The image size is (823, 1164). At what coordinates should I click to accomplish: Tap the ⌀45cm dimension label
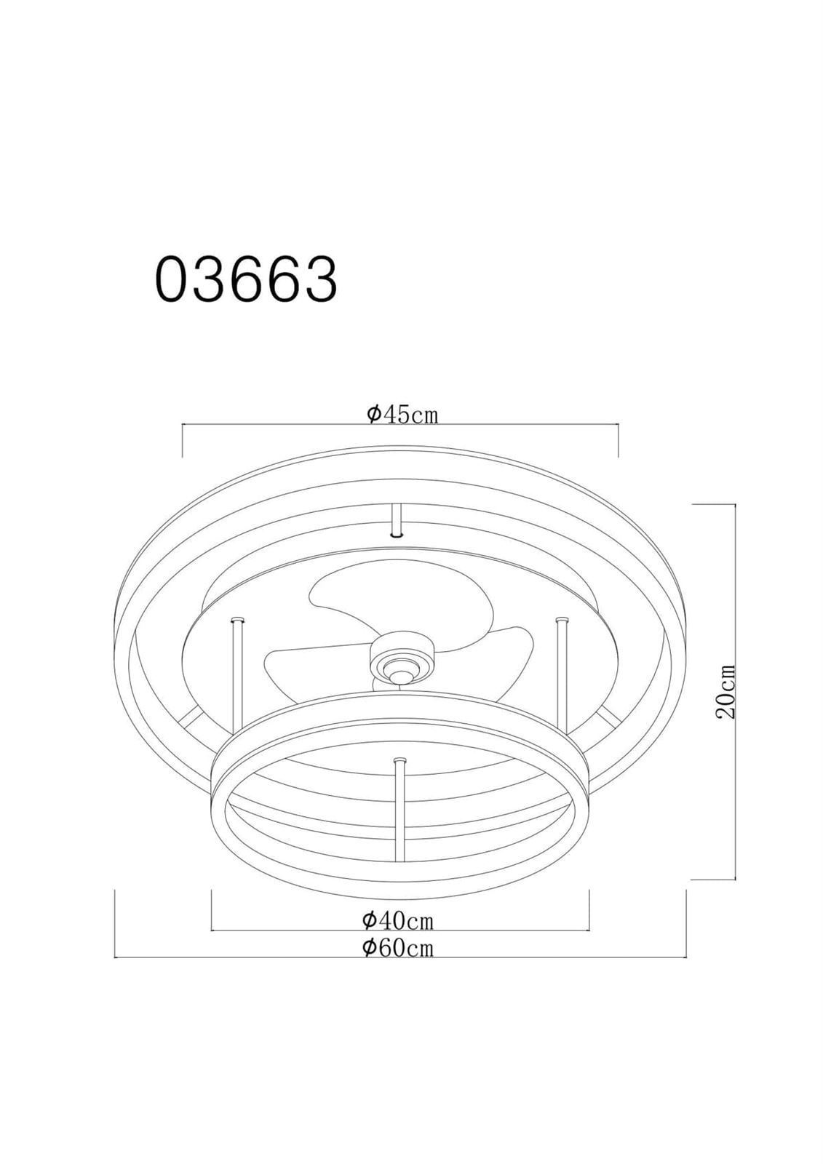coord(402,414)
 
